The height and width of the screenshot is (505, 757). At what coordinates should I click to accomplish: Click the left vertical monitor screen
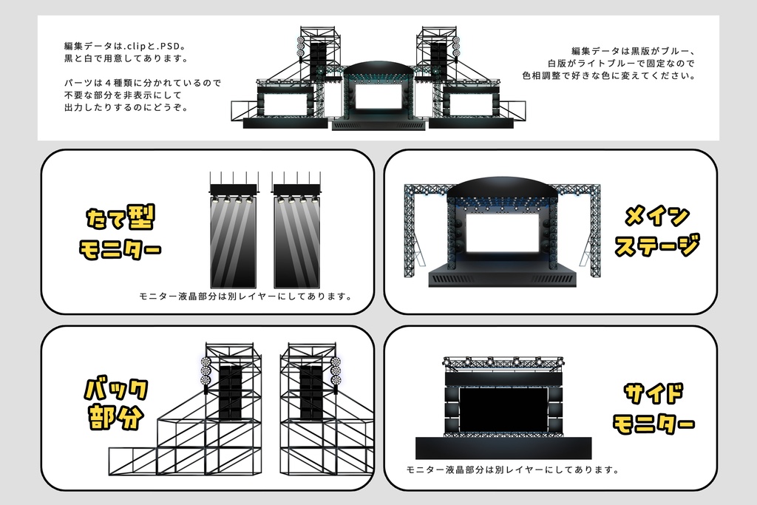click(233, 243)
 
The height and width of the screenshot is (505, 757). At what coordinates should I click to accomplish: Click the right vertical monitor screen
click(296, 243)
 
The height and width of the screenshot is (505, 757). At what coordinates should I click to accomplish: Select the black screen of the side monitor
click(503, 410)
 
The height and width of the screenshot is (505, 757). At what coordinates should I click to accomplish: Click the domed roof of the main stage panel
click(503, 191)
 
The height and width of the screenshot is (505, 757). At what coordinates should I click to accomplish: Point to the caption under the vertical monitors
click(245, 296)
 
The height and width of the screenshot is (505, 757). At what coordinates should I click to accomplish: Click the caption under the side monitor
click(512, 470)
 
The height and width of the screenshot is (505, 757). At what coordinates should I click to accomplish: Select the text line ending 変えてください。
click(608, 75)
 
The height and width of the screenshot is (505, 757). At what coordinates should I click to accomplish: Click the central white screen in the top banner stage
click(378, 97)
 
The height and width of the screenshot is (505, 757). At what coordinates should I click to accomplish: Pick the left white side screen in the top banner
click(284, 104)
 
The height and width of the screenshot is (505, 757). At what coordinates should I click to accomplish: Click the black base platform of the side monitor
click(503, 448)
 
